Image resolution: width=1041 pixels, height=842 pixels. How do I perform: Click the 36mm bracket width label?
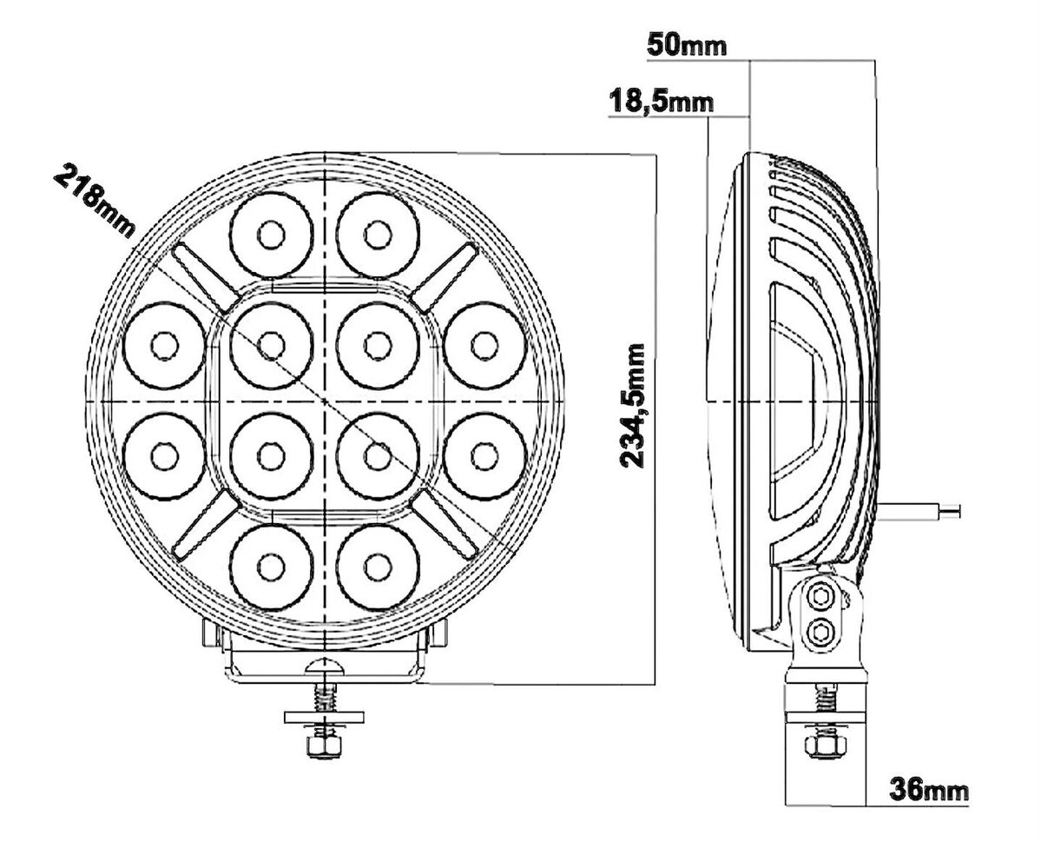pyautogui.click(x=929, y=790)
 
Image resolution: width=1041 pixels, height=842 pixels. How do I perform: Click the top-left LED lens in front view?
pyautogui.click(x=271, y=235)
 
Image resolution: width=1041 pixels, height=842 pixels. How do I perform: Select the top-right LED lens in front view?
pyautogui.click(x=378, y=235)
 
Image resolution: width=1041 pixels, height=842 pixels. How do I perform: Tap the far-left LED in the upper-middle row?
pyautogui.click(x=164, y=346)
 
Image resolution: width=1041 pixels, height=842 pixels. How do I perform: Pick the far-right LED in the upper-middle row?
pyautogui.click(x=484, y=346)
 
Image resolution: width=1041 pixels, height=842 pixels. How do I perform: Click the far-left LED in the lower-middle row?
pyautogui.click(x=164, y=456)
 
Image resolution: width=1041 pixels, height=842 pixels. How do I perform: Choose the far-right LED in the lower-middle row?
pyautogui.click(x=484, y=456)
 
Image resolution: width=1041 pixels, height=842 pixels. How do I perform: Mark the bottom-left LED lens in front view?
pyautogui.click(x=271, y=567)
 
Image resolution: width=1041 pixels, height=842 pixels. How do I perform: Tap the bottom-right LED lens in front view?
pyautogui.click(x=378, y=567)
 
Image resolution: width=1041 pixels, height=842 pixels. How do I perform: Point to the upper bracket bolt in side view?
pyautogui.click(x=822, y=594)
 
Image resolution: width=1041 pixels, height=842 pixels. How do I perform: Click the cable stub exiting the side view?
pyautogui.click(x=919, y=510)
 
